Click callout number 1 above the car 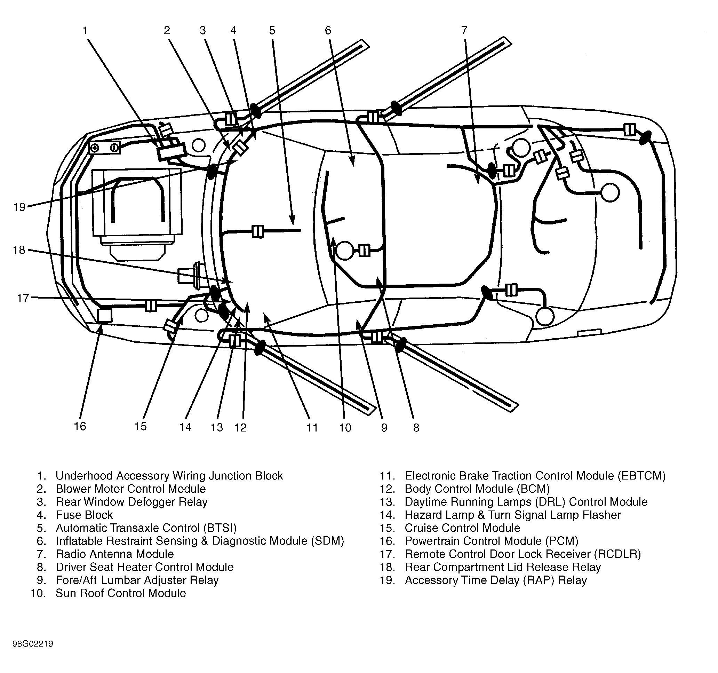tap(85, 30)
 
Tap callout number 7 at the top tap(464, 30)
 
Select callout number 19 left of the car tap(19, 207)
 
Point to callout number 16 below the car tap(80, 426)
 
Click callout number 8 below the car tap(416, 428)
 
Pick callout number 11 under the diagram tap(312, 428)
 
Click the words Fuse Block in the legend tap(84, 515)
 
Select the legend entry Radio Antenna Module tap(114, 554)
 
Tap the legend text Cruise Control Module tap(462, 528)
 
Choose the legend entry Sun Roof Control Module tap(121, 593)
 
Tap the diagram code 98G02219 tap(33, 644)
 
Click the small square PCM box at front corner tap(104, 315)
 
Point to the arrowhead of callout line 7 tap(478, 184)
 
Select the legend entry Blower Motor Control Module tap(131, 489)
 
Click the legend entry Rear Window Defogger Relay tap(131, 502)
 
